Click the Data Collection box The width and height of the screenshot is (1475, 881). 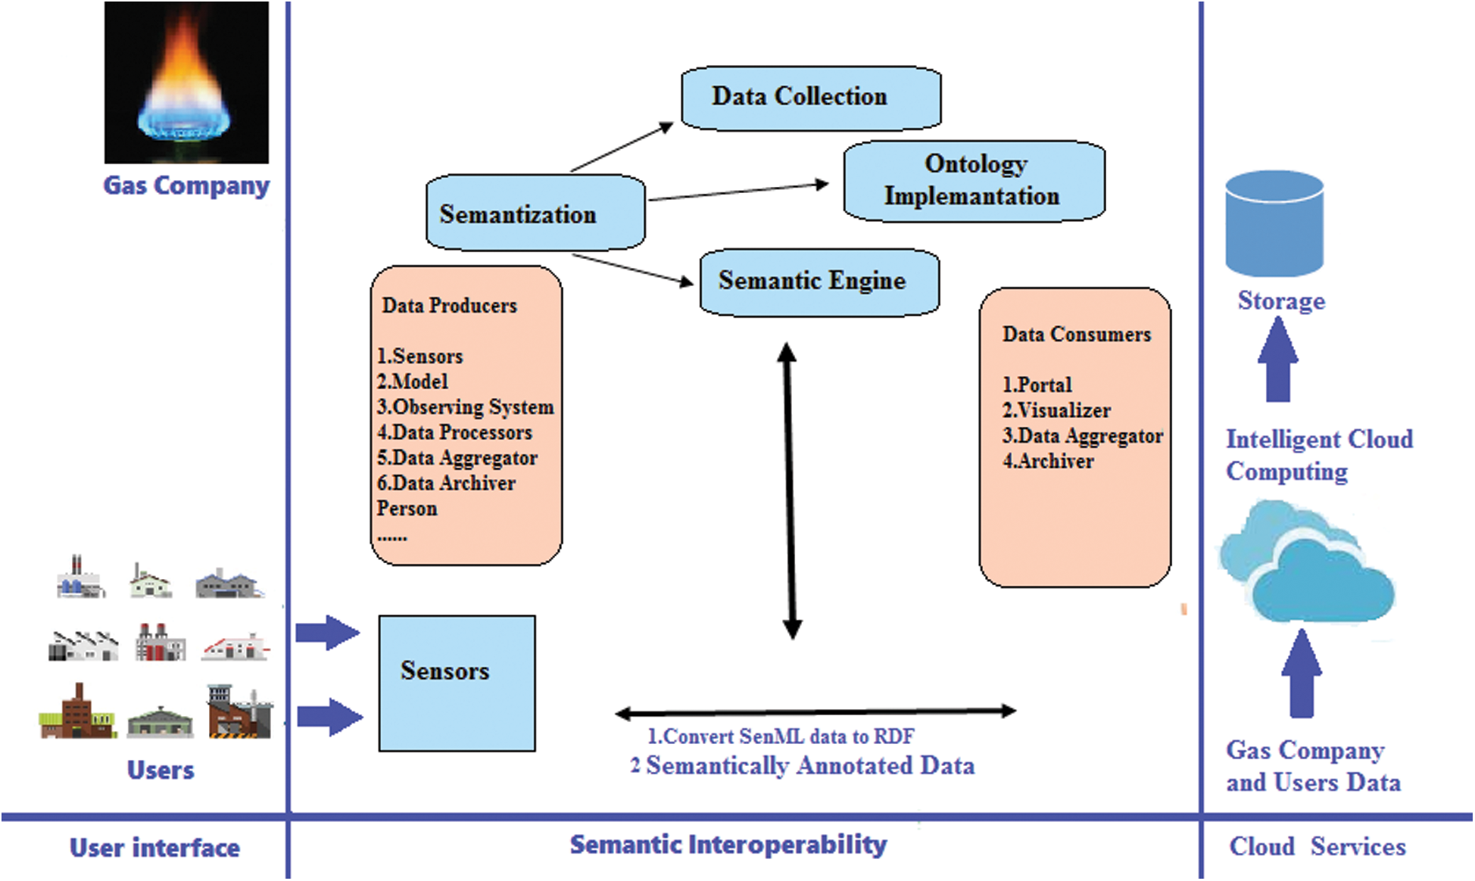(x=811, y=98)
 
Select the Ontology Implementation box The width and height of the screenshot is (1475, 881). (x=974, y=181)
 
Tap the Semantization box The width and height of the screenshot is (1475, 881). (x=535, y=213)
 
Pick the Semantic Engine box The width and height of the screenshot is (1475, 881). (x=819, y=282)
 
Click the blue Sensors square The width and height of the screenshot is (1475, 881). (x=457, y=683)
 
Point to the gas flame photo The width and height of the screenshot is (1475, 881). (x=186, y=82)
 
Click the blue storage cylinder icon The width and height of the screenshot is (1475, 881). (x=1274, y=223)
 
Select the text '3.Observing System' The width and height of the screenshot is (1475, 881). (x=466, y=407)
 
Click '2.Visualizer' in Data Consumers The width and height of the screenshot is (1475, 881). (x=1056, y=410)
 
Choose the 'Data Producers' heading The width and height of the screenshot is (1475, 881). (x=450, y=305)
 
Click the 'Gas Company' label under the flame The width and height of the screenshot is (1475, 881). (x=186, y=185)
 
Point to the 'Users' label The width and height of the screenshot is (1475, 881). (x=161, y=770)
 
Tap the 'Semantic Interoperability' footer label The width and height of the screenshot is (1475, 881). (x=728, y=845)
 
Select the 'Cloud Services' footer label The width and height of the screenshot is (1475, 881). (x=1318, y=846)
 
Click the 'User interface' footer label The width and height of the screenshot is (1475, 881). (x=154, y=848)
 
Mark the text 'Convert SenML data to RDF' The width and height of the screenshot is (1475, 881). (x=788, y=736)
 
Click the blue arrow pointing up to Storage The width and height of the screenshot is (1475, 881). (x=1278, y=359)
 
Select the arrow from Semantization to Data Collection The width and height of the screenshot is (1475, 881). (x=622, y=147)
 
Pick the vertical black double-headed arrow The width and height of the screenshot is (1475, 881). (x=790, y=490)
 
